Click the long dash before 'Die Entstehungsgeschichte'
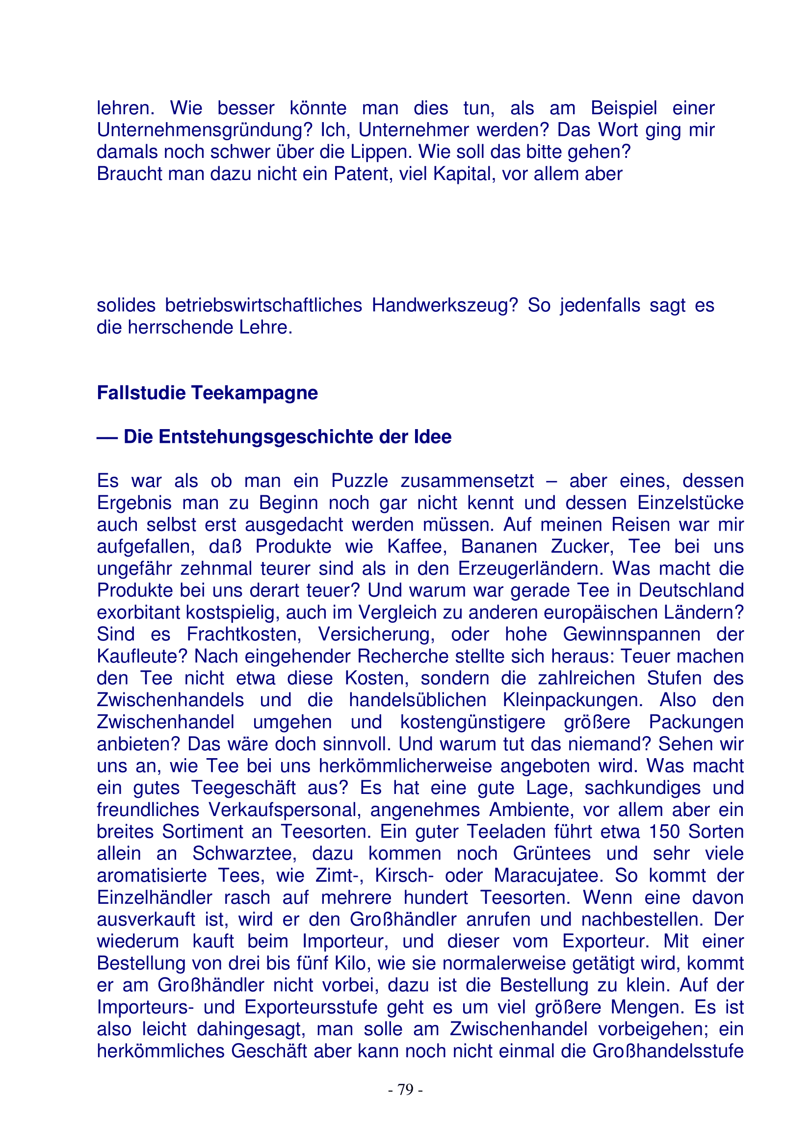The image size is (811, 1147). point(107,437)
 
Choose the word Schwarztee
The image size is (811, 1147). point(244,853)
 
